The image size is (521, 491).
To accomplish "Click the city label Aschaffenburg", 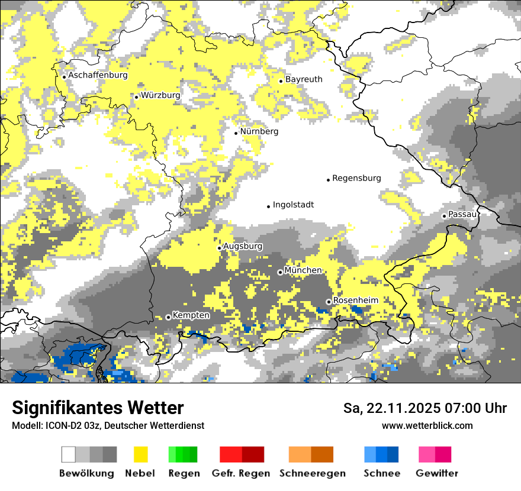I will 98,76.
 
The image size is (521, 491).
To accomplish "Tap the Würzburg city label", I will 160,95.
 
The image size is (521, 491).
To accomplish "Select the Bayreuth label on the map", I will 304,79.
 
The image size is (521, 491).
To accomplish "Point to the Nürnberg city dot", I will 236,133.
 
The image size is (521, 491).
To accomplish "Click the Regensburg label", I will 356,178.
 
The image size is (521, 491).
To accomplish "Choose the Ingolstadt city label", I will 293,205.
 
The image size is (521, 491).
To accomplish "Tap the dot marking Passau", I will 444,216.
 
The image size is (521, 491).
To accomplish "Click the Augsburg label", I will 242,246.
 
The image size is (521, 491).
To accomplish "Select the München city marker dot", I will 280,272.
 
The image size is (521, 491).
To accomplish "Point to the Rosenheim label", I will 355,301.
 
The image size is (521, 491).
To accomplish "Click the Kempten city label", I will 191,315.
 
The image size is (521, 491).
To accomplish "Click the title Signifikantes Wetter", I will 98,408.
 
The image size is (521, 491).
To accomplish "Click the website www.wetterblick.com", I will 427,425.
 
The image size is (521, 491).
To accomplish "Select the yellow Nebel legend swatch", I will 140,454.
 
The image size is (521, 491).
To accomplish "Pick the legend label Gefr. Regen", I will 240,473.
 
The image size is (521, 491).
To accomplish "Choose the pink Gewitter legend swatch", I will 427,454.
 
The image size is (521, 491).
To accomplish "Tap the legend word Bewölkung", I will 86,473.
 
